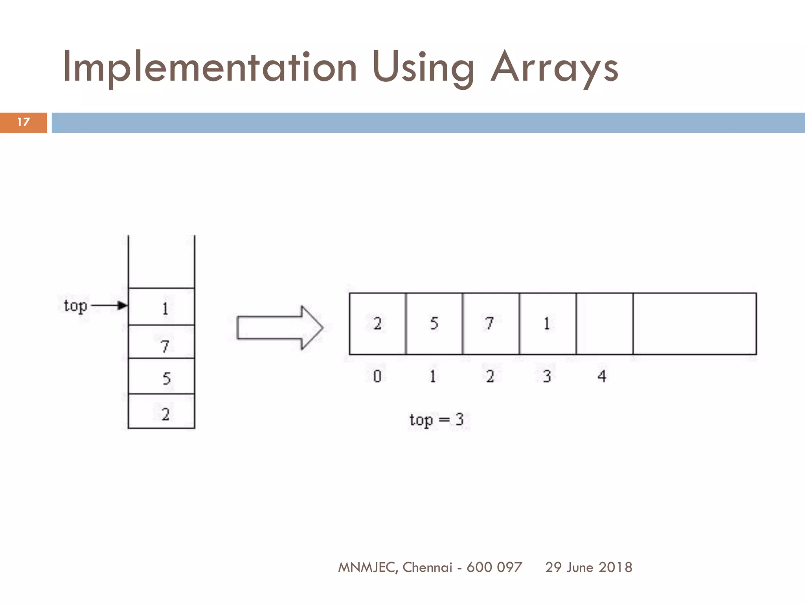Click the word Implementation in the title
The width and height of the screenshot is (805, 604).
point(210,68)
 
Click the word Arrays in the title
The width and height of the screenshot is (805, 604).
point(554,68)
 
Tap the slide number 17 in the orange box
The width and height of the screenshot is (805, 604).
point(24,122)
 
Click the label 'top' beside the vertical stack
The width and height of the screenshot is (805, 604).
point(75,306)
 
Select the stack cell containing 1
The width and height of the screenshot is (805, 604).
point(162,307)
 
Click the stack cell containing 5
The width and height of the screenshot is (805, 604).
point(162,376)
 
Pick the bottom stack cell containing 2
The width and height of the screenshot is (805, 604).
point(162,411)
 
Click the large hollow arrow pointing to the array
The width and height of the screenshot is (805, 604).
point(279,328)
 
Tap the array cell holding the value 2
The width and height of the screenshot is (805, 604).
point(377,324)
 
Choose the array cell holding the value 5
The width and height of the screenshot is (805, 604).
point(434,324)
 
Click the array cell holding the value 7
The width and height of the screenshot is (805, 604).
point(491,324)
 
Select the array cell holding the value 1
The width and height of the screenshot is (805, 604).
point(547,324)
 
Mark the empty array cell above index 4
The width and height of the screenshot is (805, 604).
point(605,324)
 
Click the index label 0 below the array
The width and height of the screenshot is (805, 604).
point(377,376)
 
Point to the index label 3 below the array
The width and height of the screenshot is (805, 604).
point(547,376)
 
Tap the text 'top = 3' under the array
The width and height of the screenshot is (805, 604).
point(436,420)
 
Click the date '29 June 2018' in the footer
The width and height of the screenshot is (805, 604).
point(588,567)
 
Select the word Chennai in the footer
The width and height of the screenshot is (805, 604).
point(427,567)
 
